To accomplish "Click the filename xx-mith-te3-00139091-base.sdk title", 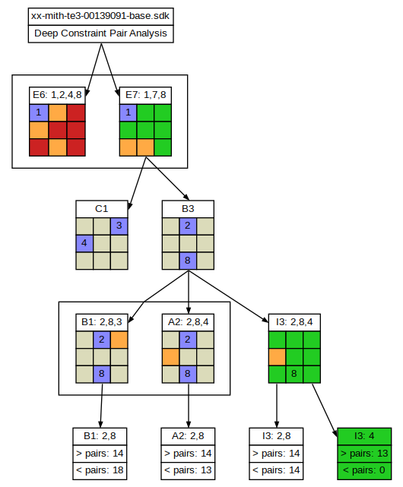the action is [x=100, y=16].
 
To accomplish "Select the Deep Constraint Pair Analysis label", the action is [x=100, y=33].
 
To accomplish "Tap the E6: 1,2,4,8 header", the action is [x=57, y=95].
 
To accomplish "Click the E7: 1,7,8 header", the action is [x=145, y=95].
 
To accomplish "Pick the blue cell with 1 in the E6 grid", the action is [x=39, y=112].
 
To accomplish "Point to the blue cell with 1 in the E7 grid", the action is [x=128, y=112].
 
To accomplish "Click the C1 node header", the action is [x=102, y=209].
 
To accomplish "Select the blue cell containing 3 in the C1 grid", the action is [x=119, y=226].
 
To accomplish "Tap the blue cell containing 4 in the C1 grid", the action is [x=84, y=243].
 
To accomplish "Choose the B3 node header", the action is [x=188, y=209].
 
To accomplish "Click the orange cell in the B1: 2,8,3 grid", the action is [x=119, y=340].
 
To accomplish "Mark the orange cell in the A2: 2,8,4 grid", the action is [x=170, y=357].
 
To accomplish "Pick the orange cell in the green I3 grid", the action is [x=277, y=357].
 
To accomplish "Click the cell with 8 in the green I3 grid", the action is [x=294, y=374].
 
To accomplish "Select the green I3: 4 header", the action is [x=364, y=436].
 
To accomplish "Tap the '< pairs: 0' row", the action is [x=364, y=470].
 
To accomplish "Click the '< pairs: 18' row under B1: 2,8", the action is [x=100, y=470].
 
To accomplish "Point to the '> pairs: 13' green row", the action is [x=364, y=454].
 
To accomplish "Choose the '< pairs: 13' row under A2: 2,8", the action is [x=188, y=470].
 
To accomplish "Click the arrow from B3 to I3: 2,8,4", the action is [x=228, y=296].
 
